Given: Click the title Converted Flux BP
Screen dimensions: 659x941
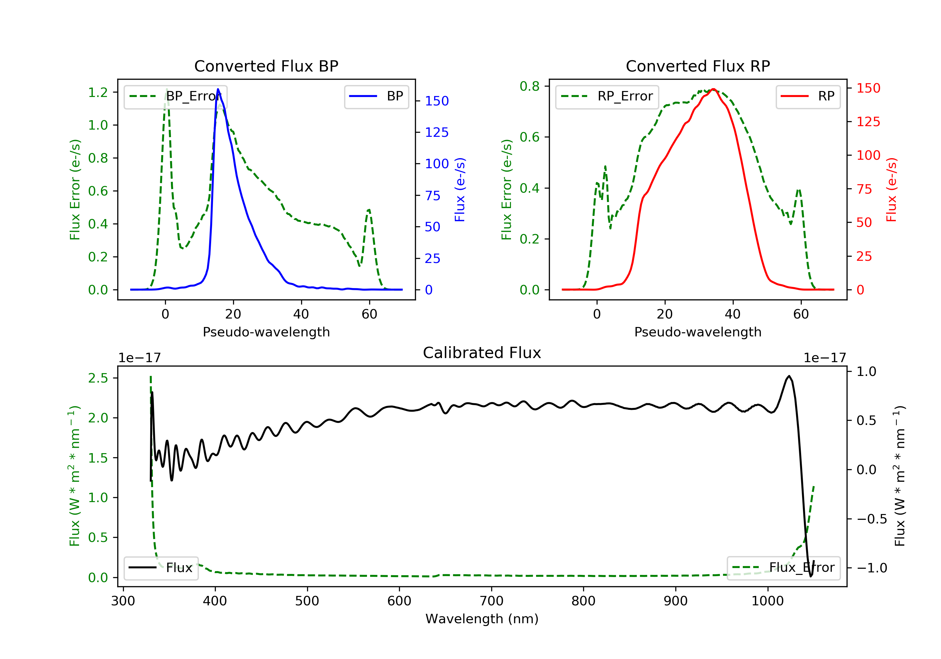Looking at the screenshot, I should coord(266,66).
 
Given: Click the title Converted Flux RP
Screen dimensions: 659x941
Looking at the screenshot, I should coord(698,66).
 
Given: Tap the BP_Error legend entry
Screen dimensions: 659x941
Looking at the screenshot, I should coord(175,96).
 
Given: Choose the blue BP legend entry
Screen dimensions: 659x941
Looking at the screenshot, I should coord(376,96).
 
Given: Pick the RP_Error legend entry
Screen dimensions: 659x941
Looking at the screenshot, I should coord(607,96).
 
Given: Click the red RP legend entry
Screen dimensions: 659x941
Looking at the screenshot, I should coord(808,96).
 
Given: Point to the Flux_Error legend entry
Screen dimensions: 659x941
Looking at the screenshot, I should coord(783,568).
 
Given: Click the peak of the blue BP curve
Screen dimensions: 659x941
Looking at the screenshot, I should coord(218,89).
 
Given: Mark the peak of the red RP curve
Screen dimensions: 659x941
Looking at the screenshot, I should coord(713,89).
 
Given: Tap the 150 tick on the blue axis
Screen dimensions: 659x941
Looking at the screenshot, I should coord(437,101).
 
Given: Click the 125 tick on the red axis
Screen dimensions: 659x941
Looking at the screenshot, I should coord(868,122).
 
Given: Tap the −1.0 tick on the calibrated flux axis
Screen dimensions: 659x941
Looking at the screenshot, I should coord(872,568).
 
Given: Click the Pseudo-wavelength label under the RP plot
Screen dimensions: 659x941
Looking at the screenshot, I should coord(698,332).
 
